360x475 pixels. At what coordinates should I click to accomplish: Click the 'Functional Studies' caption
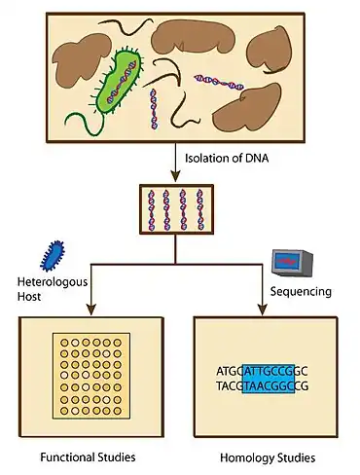click(87, 457)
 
